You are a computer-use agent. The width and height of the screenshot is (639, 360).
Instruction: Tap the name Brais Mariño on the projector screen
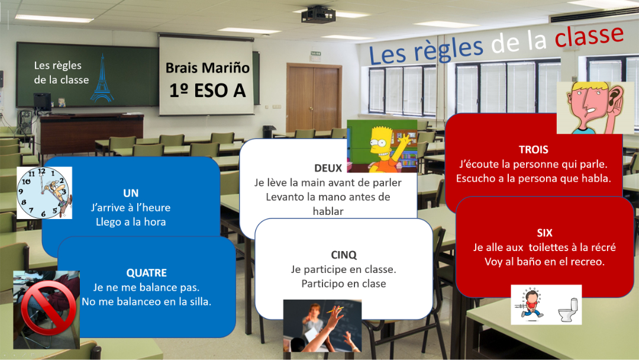point(208,67)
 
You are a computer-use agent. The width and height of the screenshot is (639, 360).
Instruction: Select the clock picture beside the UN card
point(44,193)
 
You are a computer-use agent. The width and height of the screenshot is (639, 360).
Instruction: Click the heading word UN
point(131,193)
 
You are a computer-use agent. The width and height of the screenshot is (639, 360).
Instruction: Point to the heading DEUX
point(328,168)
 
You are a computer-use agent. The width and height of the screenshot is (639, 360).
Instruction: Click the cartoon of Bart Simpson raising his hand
point(382,146)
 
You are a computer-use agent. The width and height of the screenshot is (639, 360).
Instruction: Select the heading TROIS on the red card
point(534,150)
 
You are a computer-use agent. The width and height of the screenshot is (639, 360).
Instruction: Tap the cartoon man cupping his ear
point(595,108)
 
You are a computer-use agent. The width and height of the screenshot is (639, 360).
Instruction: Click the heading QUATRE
point(146,273)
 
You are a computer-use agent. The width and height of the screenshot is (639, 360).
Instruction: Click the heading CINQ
point(344,255)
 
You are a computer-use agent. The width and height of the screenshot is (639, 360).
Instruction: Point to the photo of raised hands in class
point(322,326)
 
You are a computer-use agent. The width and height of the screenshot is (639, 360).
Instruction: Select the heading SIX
point(544,233)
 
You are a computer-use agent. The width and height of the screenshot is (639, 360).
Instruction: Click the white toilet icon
point(569,310)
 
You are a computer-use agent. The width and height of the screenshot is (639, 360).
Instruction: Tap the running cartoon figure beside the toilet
point(531,303)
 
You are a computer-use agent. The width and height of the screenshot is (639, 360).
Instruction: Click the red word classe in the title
point(589,36)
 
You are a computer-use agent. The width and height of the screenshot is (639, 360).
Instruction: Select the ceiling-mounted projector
point(318,15)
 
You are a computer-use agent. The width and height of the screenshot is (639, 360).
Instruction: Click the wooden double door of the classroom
point(314,97)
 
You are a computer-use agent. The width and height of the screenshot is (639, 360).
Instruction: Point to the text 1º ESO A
point(208,91)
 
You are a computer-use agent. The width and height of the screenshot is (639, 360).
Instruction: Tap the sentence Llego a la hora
point(131,222)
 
